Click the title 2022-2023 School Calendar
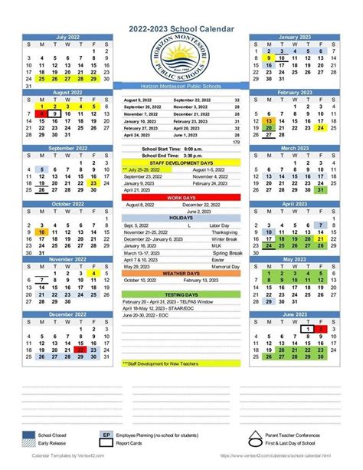click(181, 28)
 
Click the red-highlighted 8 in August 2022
click(42, 113)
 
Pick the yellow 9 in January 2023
click(270, 58)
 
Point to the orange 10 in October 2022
click(42, 231)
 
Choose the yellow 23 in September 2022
click(93, 183)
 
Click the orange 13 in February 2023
click(270, 121)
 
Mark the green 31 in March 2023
click(321, 190)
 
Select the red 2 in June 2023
click(321, 327)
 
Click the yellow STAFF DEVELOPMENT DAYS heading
click(181, 163)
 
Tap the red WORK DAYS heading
click(181, 197)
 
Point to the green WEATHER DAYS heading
click(181, 273)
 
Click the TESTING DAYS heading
click(181, 294)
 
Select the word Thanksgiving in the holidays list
click(224, 232)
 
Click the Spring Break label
click(226, 252)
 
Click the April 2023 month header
click(294, 204)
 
